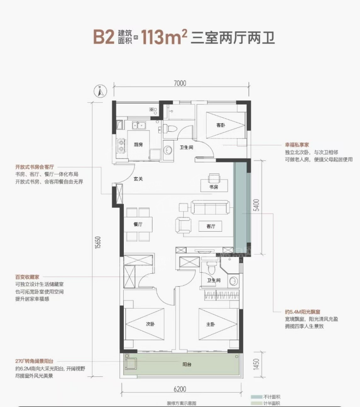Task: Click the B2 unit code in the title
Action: pos(105,37)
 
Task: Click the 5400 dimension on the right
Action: pos(256,206)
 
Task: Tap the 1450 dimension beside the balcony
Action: pos(256,366)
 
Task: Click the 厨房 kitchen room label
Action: pos(139,145)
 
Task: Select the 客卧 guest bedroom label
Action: pos(220,125)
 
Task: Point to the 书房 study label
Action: pos(214,188)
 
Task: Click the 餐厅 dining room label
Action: pos(139,224)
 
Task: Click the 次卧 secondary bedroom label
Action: pos(150,323)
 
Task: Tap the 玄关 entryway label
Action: pos(139,179)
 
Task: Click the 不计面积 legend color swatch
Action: pos(254,397)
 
